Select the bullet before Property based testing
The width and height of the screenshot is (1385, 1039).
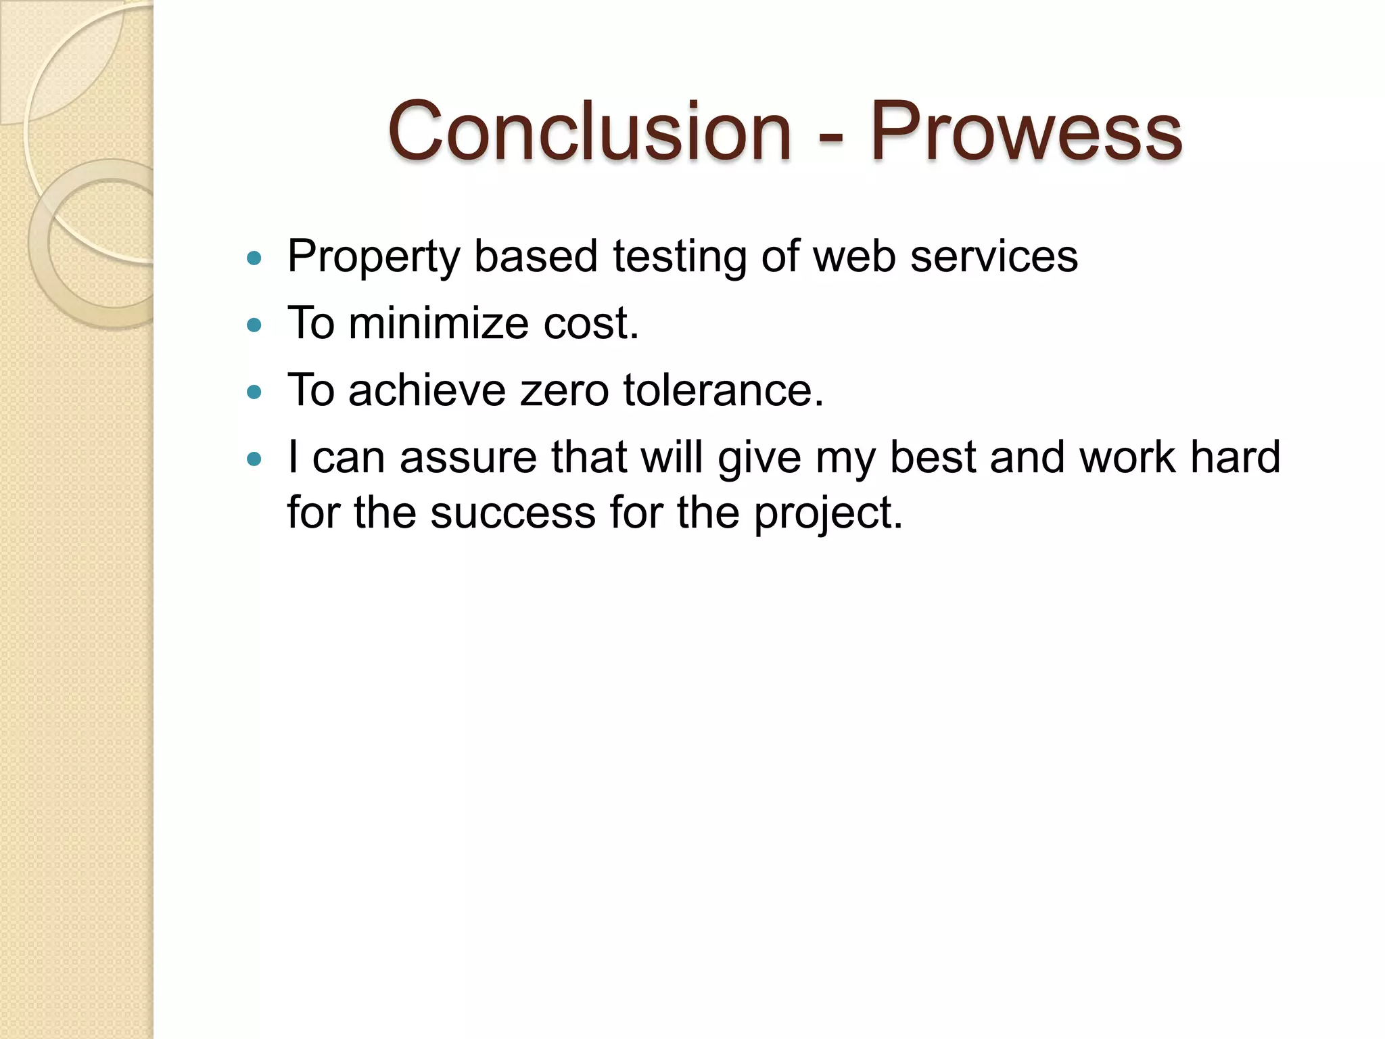254,258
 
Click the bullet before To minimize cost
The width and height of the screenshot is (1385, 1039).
254,325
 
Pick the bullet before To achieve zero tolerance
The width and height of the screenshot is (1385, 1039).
254,392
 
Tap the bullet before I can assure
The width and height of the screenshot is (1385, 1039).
254,459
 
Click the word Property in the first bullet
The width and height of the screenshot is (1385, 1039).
373,258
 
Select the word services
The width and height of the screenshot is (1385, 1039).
993,258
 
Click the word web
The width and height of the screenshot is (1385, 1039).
854,258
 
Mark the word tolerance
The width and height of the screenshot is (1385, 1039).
723,391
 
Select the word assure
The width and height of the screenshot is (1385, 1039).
468,458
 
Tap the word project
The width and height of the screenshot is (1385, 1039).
828,514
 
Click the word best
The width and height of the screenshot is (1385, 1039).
933,458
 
